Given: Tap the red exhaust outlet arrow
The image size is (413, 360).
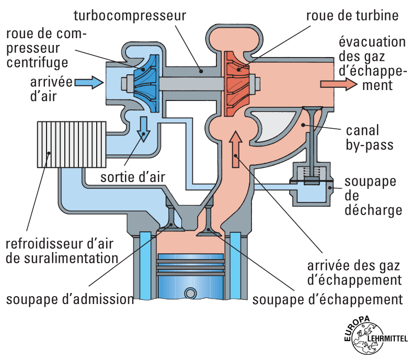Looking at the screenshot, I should [x=332, y=84].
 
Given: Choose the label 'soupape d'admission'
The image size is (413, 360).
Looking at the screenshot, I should [x=70, y=300].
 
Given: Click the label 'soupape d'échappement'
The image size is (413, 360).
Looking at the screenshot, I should [x=328, y=300].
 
